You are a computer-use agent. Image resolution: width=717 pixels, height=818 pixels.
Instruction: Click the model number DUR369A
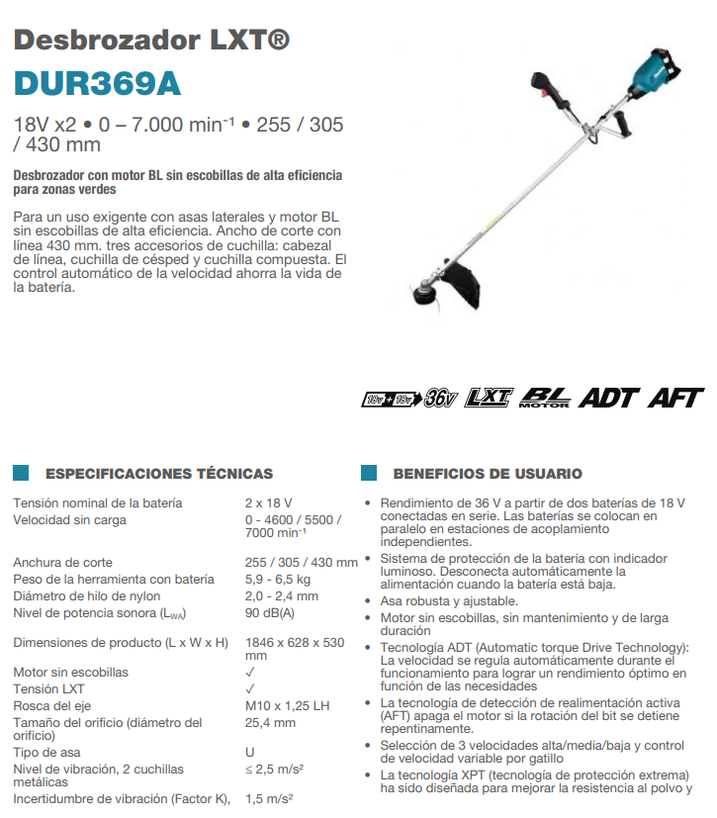pyautogui.click(x=97, y=83)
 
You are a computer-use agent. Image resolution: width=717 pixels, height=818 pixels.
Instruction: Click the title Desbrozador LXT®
pyautogui.click(x=152, y=41)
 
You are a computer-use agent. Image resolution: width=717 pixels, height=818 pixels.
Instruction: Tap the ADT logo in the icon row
pyautogui.click(x=608, y=398)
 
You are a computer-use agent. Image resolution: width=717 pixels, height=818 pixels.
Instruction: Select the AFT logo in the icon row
pyautogui.click(x=675, y=398)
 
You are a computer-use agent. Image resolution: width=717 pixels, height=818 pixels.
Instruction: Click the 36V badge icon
pyautogui.click(x=440, y=398)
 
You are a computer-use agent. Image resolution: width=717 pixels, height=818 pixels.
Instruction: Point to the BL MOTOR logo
pyautogui.click(x=544, y=398)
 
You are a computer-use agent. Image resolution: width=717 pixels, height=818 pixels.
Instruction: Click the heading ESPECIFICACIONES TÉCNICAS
pyautogui.click(x=159, y=474)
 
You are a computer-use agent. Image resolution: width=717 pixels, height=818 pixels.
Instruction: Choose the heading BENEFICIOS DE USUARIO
pyautogui.click(x=488, y=474)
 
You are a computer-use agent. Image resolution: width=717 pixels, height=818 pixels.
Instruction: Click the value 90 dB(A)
pyautogui.click(x=270, y=612)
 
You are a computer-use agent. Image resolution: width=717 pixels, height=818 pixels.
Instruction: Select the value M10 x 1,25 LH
pyautogui.click(x=287, y=705)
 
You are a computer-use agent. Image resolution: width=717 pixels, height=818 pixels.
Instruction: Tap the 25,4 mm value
pyautogui.click(x=270, y=722)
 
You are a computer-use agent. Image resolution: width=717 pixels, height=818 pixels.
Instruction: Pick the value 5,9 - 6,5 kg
pyautogui.click(x=278, y=579)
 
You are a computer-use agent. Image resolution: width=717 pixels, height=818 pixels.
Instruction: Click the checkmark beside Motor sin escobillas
pyautogui.click(x=250, y=673)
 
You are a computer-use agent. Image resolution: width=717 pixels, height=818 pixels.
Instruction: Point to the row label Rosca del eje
pyautogui.click(x=51, y=705)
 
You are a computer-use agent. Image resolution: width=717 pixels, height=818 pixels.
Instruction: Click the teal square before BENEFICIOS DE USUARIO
pyautogui.click(x=369, y=474)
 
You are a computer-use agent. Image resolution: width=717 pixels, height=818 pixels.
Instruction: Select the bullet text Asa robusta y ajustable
pyautogui.click(x=449, y=600)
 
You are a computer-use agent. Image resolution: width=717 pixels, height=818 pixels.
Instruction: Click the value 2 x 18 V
pyautogui.click(x=269, y=502)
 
